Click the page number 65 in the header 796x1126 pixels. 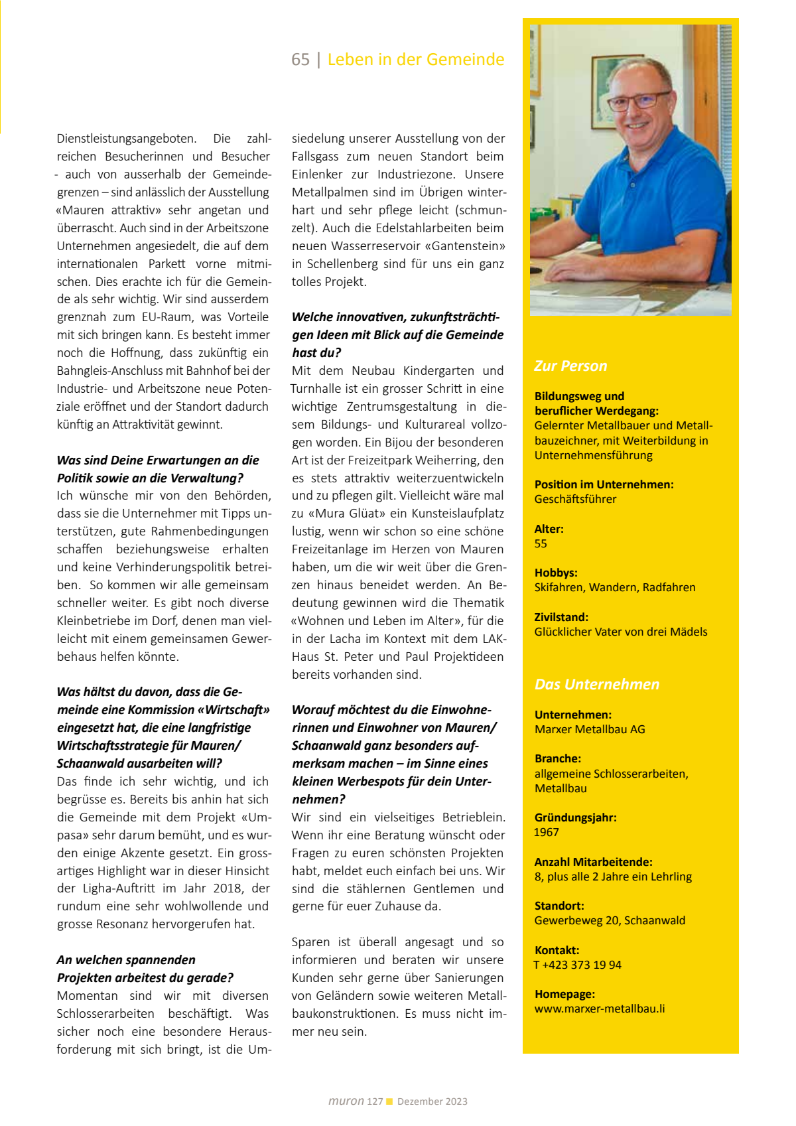tap(300, 60)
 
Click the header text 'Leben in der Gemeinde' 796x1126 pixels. tap(416, 60)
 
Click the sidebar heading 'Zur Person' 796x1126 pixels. tap(570, 366)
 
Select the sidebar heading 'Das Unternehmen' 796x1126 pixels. tap(597, 685)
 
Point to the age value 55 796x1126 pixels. tap(541, 544)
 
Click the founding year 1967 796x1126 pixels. tap(547, 833)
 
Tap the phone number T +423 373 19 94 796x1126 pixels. tap(578, 965)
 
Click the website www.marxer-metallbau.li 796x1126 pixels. tap(600, 1009)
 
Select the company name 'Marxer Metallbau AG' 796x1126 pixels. tap(590, 730)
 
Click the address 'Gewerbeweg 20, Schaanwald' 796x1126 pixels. tap(610, 921)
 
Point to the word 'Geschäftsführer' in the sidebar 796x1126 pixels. tap(575, 500)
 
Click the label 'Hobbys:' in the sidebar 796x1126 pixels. tap(556, 573)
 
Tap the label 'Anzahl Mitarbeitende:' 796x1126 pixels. tap(593, 863)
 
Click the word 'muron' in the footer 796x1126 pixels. tap(346, 1101)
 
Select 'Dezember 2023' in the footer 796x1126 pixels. tap(432, 1102)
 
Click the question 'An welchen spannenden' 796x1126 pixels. tap(126, 960)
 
